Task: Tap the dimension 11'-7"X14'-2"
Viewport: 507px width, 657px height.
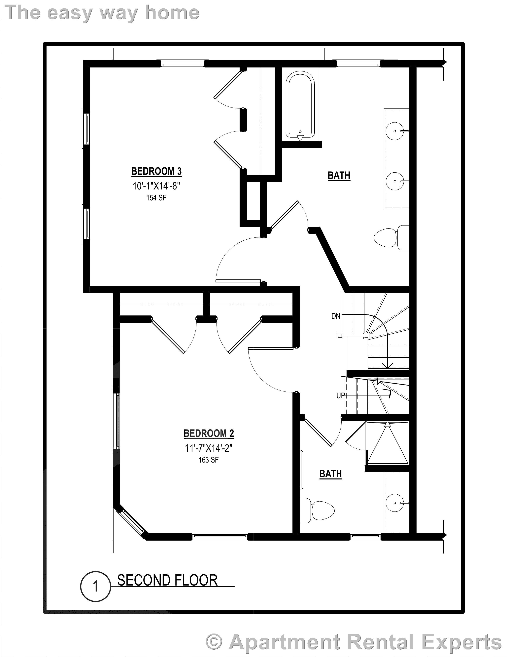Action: click(209, 448)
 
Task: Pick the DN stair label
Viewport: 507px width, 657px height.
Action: click(336, 316)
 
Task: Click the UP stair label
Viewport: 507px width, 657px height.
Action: click(340, 396)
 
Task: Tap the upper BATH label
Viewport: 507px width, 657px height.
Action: click(339, 175)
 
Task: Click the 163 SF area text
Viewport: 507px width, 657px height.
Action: click(208, 460)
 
